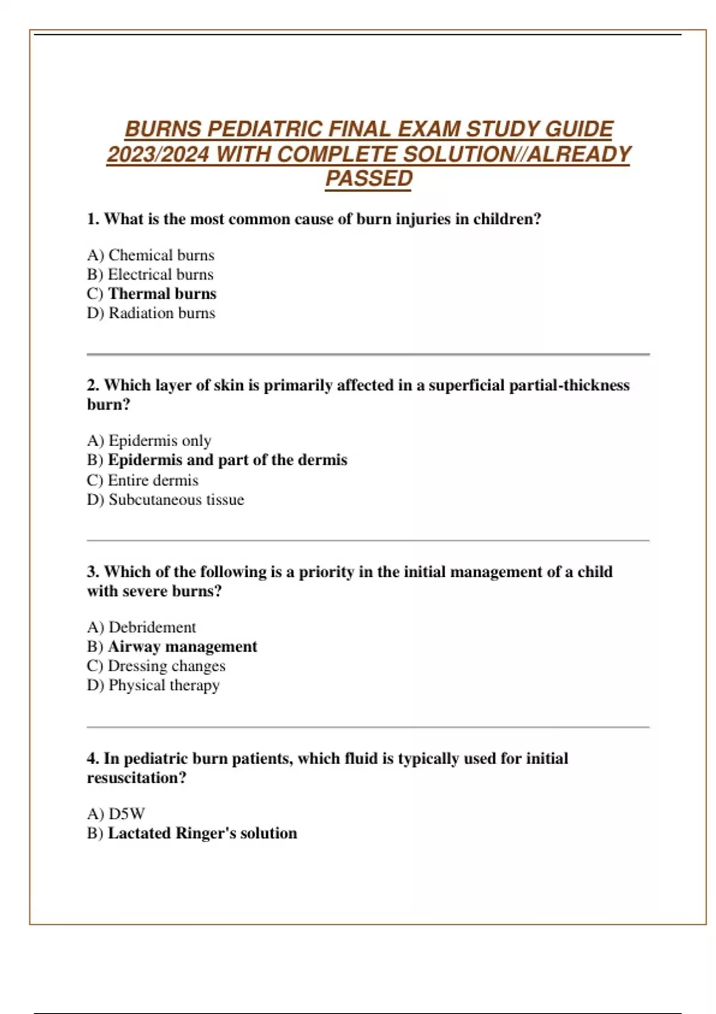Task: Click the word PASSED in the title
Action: point(369,178)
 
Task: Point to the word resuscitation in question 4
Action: point(136,778)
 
